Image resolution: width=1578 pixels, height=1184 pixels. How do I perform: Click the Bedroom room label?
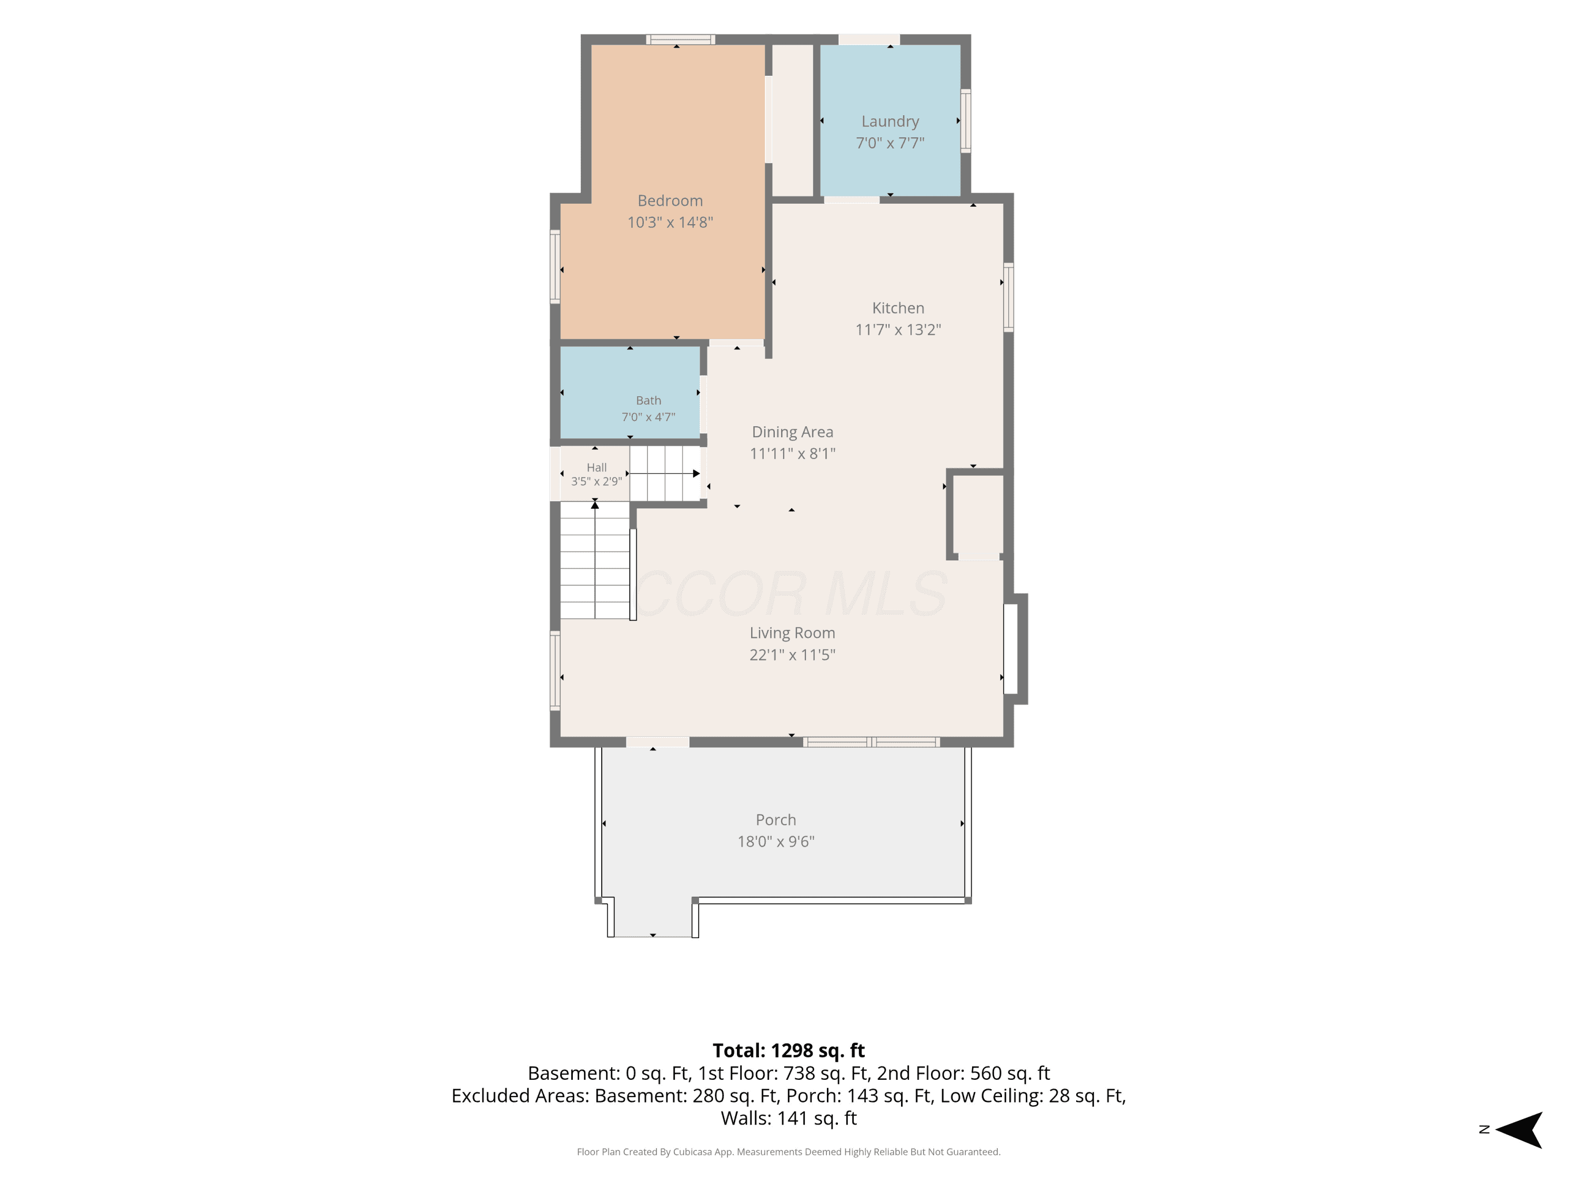click(670, 200)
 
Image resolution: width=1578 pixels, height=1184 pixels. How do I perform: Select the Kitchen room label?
click(898, 308)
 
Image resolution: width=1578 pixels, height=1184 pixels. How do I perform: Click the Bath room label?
click(649, 400)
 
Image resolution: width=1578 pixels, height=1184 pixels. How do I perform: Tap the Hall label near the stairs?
click(596, 467)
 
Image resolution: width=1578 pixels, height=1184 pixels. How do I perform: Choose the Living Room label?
click(792, 633)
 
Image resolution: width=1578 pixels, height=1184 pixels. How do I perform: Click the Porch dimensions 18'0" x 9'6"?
click(775, 841)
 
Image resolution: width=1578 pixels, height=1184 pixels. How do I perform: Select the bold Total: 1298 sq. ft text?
click(788, 1050)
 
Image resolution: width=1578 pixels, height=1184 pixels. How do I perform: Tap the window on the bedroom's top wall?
click(681, 39)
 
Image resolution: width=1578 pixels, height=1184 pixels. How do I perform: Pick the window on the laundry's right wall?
click(965, 121)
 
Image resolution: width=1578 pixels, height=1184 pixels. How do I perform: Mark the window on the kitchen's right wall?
click(1008, 297)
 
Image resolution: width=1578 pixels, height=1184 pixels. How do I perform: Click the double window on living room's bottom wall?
click(871, 741)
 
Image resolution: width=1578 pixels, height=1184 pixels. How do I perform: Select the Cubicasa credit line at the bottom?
click(788, 1151)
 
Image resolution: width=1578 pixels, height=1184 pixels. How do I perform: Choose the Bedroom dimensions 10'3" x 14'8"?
click(670, 222)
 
